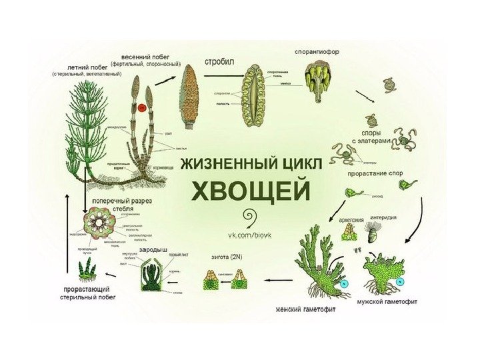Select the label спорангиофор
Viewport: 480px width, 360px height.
coord(317,51)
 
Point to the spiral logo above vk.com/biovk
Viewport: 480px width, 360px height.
coord(251,218)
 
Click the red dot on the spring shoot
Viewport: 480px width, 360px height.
coord(141,107)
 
